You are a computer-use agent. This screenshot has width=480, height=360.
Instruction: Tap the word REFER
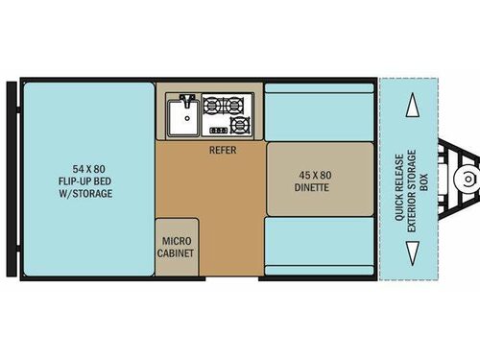point(223,150)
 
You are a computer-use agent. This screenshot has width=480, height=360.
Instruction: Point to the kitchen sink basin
point(180,121)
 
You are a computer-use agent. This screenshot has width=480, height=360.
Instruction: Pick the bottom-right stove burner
point(240,124)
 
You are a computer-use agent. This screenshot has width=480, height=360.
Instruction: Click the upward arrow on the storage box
point(412,107)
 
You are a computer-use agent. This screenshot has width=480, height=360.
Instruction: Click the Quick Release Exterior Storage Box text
point(400,180)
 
